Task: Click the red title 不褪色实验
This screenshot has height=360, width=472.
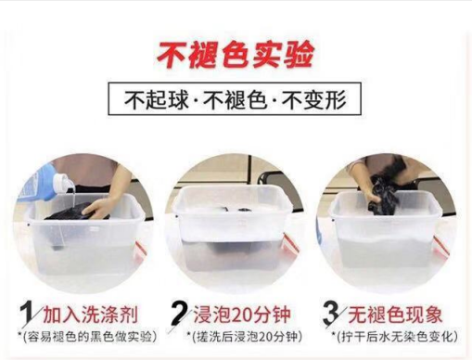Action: (236, 55)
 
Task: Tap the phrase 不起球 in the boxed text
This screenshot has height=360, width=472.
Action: (157, 99)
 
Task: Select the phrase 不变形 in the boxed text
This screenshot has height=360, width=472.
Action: (315, 99)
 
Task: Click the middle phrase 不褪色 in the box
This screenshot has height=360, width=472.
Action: (236, 99)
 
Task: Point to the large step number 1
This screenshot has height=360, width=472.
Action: (27, 315)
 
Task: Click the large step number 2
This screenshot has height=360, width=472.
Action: (179, 314)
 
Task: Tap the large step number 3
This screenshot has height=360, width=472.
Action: (331, 314)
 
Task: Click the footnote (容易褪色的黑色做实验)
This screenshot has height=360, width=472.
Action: (87, 337)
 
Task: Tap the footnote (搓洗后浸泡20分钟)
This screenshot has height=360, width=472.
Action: (244, 337)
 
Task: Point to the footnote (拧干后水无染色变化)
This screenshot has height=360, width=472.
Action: (395, 337)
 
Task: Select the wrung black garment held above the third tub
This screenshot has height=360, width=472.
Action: (383, 195)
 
